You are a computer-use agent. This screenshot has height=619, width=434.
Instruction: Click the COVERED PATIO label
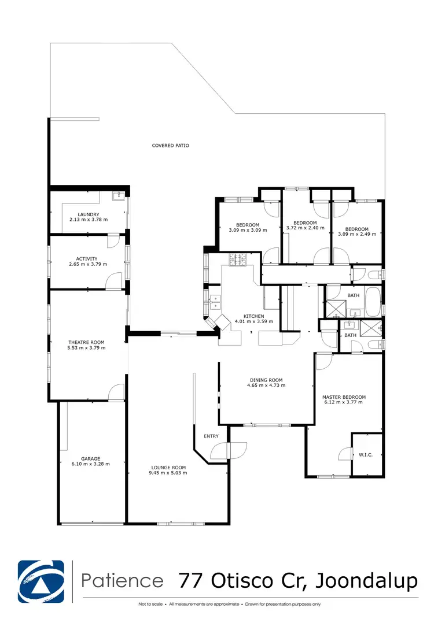[x=170, y=146]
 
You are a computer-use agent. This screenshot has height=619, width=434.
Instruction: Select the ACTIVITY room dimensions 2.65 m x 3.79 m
[x=87, y=265]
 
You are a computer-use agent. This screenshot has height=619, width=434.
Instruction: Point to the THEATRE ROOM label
[x=87, y=342]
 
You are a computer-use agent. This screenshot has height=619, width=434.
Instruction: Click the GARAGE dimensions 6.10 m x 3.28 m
[x=90, y=464]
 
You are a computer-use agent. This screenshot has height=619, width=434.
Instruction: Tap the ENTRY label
[x=211, y=436]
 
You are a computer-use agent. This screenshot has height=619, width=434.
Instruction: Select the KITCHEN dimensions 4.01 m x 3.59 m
[x=253, y=321]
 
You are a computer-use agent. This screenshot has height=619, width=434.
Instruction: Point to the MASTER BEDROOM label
[x=344, y=397]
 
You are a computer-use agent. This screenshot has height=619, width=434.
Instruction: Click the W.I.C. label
[x=366, y=455]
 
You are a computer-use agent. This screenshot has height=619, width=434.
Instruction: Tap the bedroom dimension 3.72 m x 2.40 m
[x=305, y=228]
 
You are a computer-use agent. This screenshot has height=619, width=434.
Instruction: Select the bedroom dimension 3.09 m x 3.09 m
[x=248, y=230]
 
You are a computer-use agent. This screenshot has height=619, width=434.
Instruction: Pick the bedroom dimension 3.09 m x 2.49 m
[x=356, y=234]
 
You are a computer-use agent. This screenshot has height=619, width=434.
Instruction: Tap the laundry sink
[x=119, y=196]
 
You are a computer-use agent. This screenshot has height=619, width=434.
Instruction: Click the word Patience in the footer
[x=122, y=580]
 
